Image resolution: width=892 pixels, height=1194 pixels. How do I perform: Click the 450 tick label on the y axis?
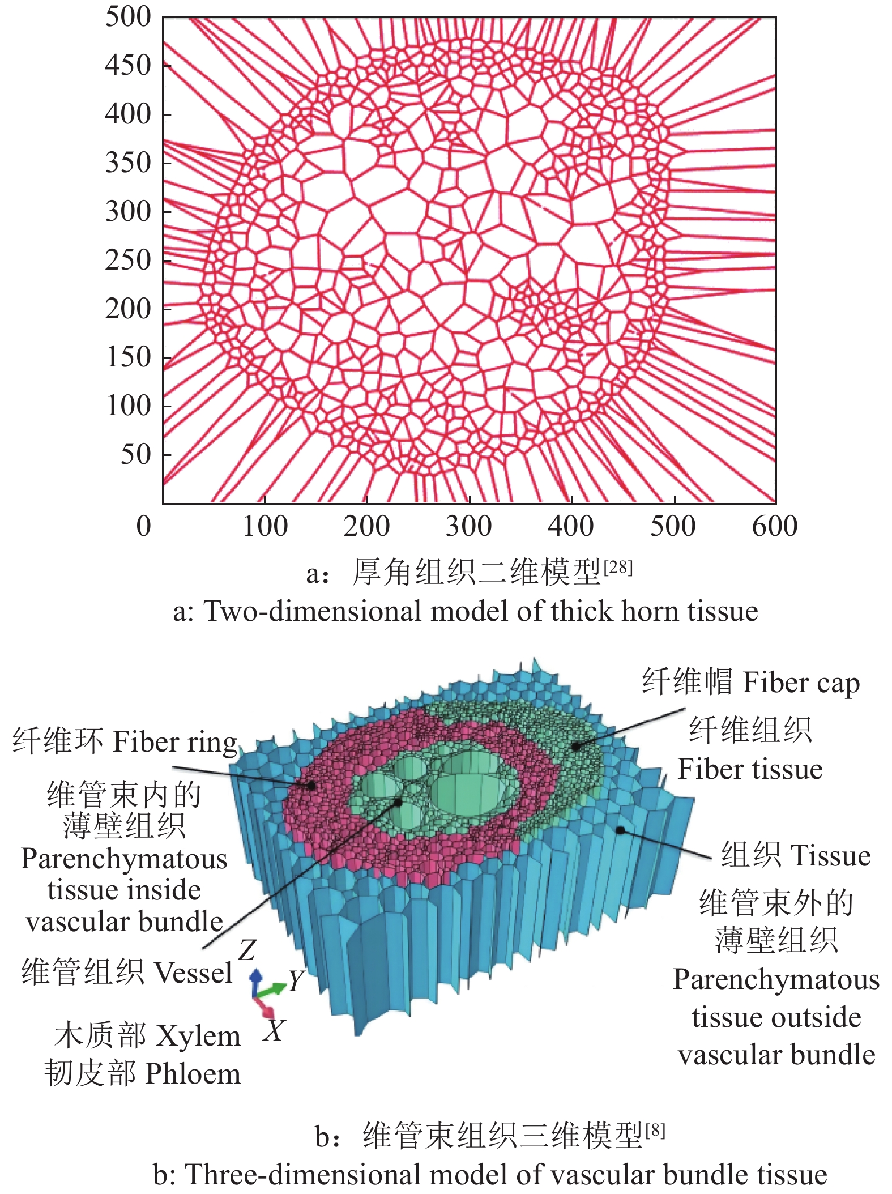[128, 65]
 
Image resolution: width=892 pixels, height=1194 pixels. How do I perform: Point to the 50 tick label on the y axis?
[136, 454]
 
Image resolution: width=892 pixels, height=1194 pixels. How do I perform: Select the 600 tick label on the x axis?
[774, 526]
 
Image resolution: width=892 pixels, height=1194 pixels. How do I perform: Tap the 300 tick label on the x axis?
[468, 526]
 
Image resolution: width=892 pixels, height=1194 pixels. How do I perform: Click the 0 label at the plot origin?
[144, 526]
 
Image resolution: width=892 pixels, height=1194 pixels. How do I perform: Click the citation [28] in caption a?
[618, 567]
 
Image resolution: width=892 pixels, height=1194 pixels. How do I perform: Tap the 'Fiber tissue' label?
[750, 769]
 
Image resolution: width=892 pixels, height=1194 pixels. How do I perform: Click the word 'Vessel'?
[193, 973]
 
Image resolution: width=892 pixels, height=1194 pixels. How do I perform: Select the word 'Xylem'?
[198, 1036]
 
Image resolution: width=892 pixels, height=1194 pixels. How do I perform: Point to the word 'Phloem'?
[193, 1074]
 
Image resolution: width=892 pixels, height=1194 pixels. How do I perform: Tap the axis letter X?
[274, 1030]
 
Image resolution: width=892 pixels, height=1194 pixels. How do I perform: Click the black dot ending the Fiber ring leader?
[311, 786]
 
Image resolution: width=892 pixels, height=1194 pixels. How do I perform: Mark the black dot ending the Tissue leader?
[620, 830]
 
